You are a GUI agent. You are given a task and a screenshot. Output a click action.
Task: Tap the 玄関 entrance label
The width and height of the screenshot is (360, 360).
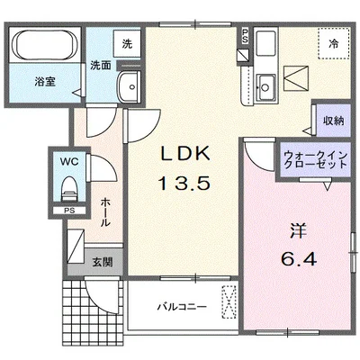pos(102,263)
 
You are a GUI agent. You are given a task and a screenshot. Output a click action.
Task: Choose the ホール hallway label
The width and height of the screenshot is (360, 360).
pos(106,211)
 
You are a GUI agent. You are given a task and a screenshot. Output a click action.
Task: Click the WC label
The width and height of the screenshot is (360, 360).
pos(68,163)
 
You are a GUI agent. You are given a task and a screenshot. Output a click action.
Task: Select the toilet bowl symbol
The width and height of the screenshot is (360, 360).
pos(68,189)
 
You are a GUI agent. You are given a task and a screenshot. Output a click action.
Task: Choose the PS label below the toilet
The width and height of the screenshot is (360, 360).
pos(67,213)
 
